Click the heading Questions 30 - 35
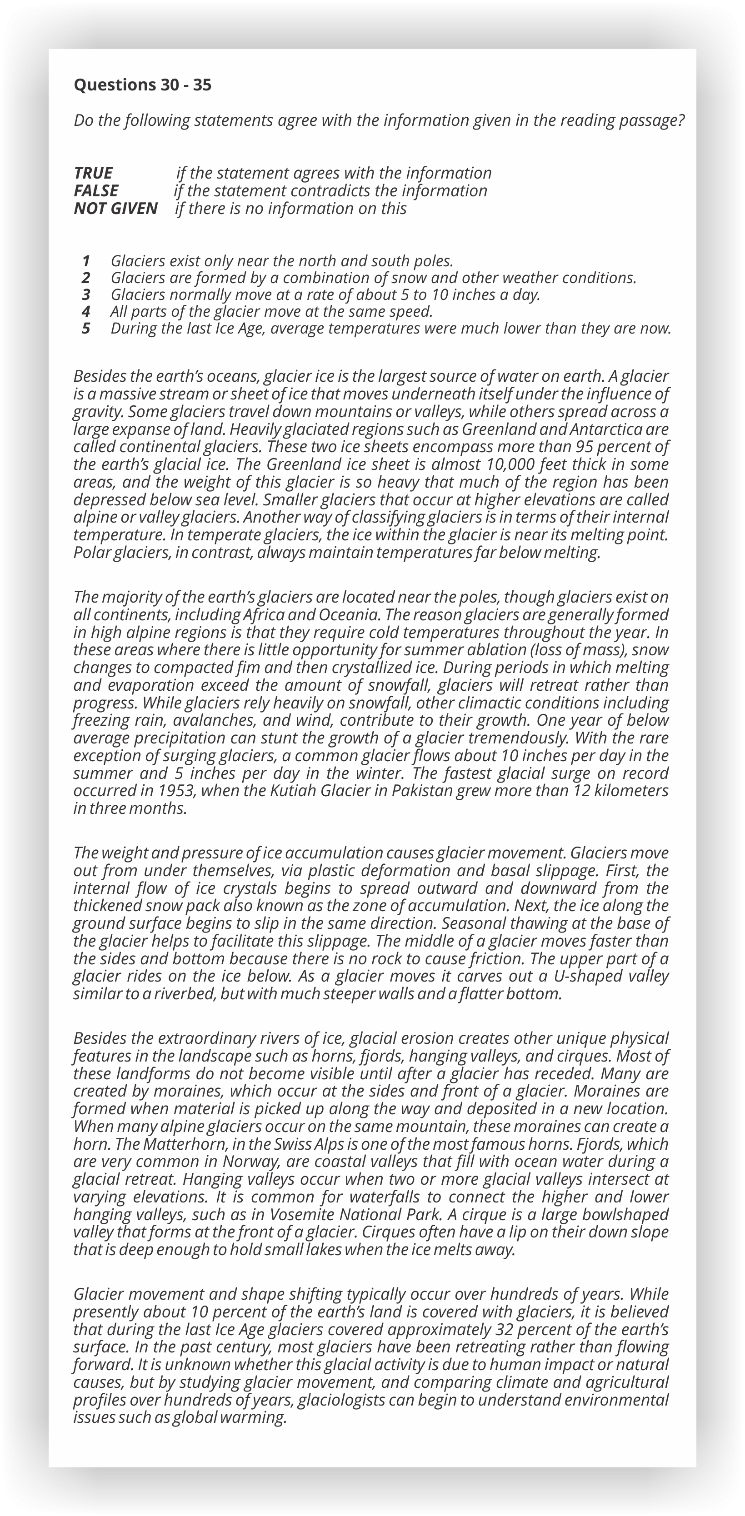142,85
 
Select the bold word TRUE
93,173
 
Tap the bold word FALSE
96,191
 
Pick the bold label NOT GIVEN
115,208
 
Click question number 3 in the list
86,295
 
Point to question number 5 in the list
86,329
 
